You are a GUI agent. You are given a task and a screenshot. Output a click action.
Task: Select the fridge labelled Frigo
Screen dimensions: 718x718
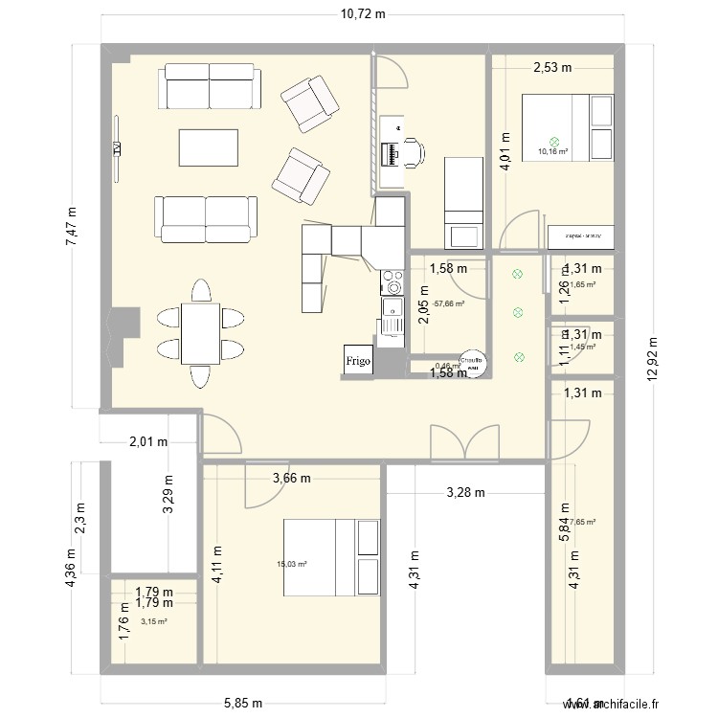point(357,359)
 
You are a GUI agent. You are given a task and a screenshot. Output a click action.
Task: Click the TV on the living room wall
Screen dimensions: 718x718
point(116,147)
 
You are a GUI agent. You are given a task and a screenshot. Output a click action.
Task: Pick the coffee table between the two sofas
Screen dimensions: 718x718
point(208,147)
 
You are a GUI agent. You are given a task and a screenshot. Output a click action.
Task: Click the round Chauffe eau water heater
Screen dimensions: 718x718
point(472,360)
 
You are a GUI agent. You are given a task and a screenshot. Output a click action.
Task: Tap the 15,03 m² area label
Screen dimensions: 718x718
point(293,564)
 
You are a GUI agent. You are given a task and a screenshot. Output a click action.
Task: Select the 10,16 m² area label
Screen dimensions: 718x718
point(552,151)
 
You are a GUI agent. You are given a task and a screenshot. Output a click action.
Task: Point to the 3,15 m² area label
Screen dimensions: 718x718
point(153,621)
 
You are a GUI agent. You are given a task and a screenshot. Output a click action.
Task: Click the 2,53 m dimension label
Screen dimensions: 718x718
point(552,67)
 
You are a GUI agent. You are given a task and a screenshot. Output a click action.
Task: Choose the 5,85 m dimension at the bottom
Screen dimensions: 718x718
point(244,703)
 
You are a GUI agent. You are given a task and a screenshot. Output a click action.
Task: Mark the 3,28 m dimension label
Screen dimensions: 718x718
point(465,493)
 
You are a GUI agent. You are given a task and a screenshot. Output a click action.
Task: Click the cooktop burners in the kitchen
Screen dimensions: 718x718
point(392,282)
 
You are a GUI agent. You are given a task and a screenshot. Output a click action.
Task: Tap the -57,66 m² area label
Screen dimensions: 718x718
point(448,303)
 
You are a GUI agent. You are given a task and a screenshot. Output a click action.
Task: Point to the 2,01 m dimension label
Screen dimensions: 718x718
point(148,441)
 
